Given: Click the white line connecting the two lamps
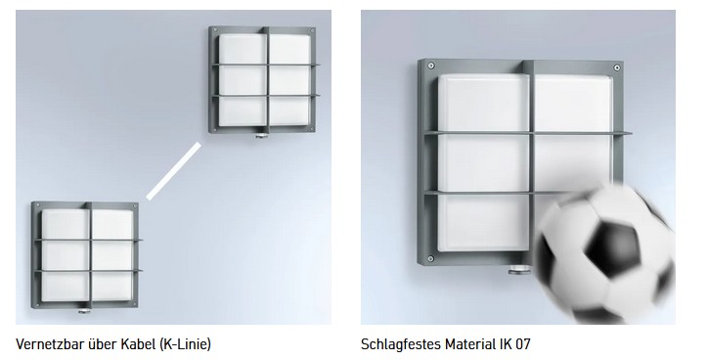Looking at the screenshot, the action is (x=174, y=171).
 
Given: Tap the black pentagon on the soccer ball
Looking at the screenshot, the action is (x=613, y=248).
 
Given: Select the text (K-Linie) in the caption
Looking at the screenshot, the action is (x=185, y=344).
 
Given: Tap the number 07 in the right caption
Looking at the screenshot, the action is (x=522, y=344).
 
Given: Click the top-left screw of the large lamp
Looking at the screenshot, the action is (x=430, y=66).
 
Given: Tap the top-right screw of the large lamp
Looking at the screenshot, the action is (x=617, y=67).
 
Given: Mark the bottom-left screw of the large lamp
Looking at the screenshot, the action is (x=430, y=259).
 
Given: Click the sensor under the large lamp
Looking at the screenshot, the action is (x=519, y=270).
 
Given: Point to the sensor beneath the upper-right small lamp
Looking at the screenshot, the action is (x=261, y=135).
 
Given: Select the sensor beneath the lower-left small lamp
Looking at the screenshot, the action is (x=84, y=311).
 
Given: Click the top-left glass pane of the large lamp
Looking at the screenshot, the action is (x=484, y=103).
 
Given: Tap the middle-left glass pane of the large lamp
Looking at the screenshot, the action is (x=484, y=163).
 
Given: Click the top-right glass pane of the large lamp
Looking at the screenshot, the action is (x=574, y=105).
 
